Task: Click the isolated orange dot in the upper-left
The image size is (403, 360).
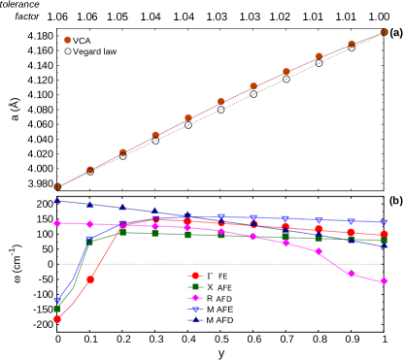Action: tap(67, 40)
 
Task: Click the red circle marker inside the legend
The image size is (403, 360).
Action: tap(195, 277)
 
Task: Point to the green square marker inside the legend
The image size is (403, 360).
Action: tap(195, 287)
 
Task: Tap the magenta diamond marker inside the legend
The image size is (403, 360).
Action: tap(195, 298)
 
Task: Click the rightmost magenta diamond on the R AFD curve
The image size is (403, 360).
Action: tap(385, 281)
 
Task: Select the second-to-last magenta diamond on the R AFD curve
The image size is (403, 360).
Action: tap(352, 274)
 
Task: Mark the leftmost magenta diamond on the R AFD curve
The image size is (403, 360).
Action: tap(57, 223)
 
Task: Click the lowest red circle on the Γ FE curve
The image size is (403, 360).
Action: tap(57, 319)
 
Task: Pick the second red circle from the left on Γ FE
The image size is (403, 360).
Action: tap(90, 279)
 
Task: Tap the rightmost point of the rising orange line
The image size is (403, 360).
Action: tap(385, 32)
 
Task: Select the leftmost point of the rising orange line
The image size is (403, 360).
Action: tap(57, 186)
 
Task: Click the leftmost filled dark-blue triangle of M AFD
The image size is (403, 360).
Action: tap(57, 201)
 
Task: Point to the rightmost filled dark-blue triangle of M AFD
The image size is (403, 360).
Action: tap(385, 245)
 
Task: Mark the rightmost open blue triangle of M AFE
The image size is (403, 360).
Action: tap(385, 222)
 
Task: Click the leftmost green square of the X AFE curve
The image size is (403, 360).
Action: tap(57, 309)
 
